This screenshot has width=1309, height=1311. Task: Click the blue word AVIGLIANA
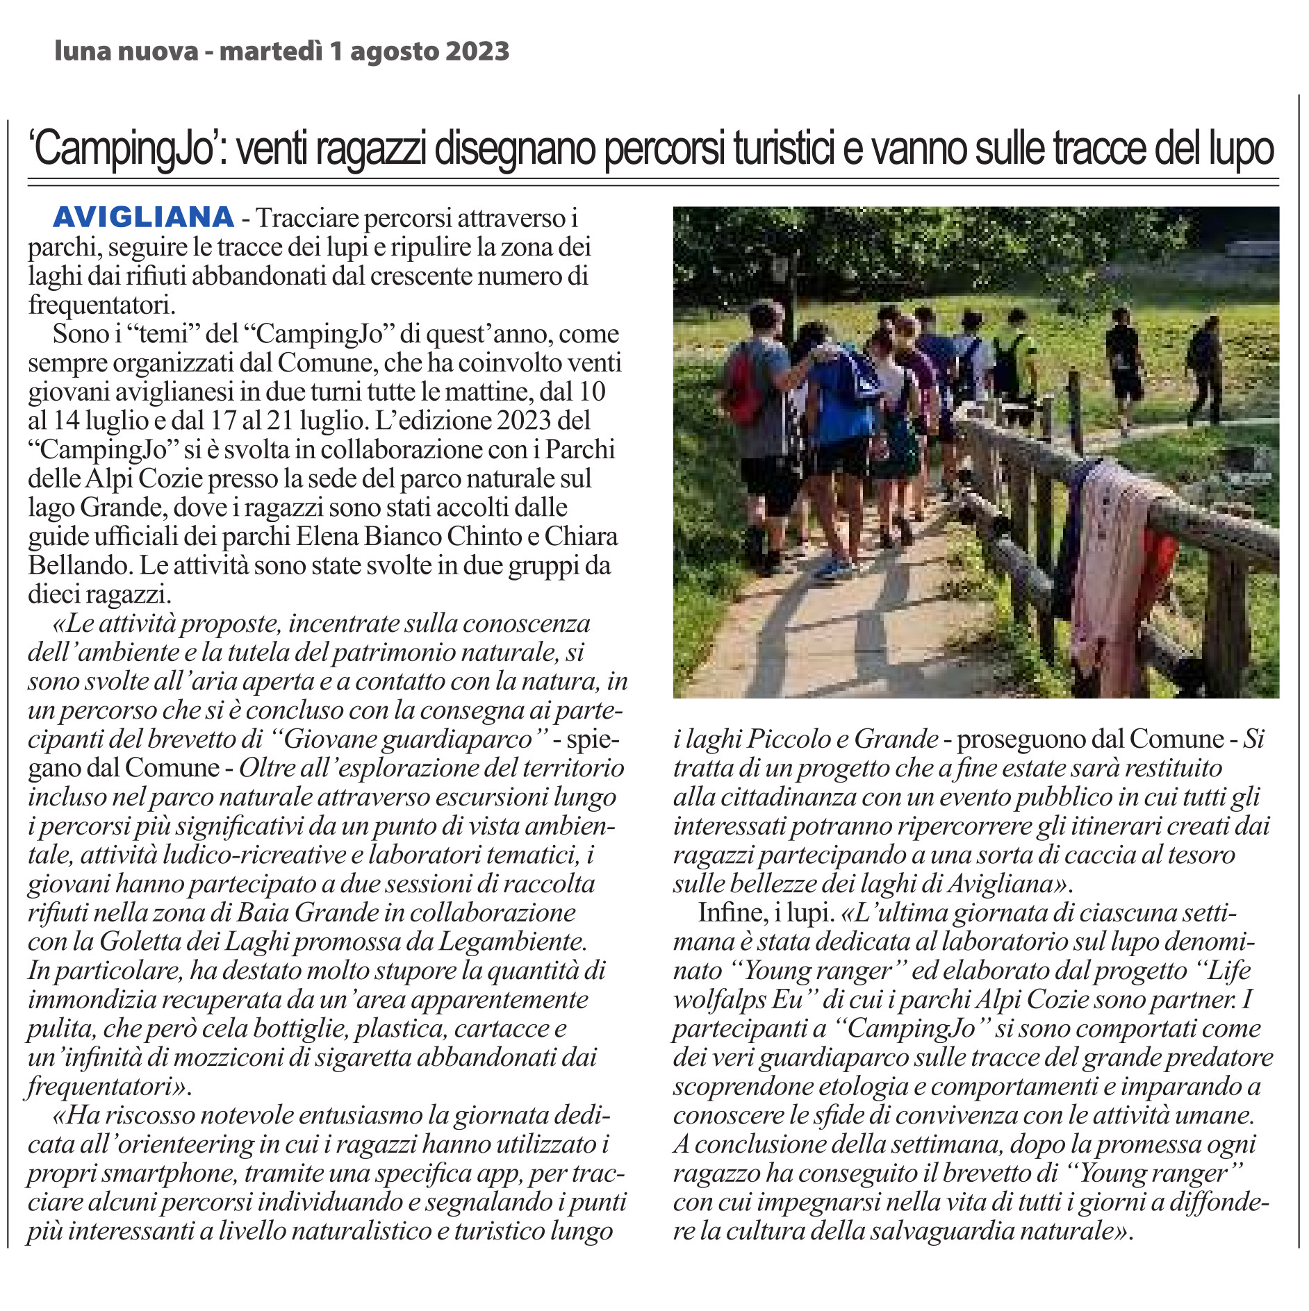(x=143, y=217)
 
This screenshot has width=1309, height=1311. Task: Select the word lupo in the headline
(x=1241, y=149)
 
